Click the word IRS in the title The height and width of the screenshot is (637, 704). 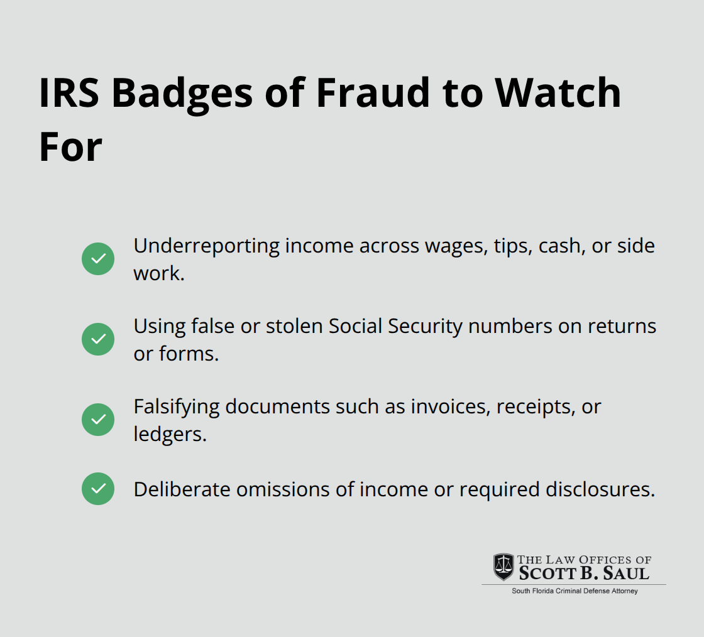coord(69,93)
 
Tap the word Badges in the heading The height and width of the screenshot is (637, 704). coord(182,95)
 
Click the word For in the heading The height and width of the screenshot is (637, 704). coord(70,147)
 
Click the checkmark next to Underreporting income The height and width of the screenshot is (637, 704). coord(98,259)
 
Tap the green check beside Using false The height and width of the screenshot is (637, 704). coord(98,339)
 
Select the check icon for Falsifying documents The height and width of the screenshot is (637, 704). coord(98,420)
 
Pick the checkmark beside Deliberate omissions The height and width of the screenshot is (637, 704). coord(98,489)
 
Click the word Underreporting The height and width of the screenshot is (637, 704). coord(207,247)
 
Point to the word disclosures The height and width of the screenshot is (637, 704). coord(600,489)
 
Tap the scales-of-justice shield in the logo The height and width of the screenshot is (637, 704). coord(503,567)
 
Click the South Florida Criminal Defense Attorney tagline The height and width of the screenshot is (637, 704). coord(575,591)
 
